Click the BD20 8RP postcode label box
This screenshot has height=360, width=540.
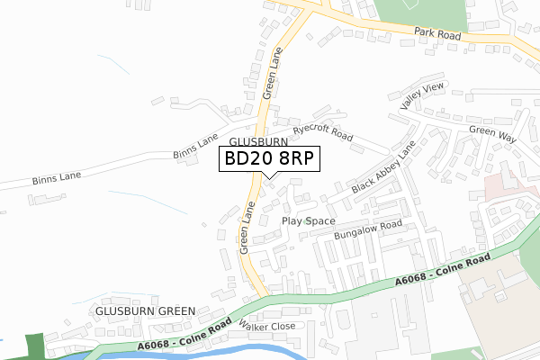pos(268,159)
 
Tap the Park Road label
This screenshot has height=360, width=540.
pos(437,34)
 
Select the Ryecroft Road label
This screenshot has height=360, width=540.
pos(316,132)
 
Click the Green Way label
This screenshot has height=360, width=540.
pos(492,135)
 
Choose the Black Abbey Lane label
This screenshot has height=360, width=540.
pos(384,168)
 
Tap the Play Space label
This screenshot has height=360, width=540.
pos(308,220)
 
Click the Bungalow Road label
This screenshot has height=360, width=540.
pos(367,231)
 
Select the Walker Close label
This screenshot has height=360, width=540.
pos(266,327)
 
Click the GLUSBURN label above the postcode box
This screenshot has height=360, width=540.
pos(258,142)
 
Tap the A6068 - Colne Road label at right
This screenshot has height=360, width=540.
pos(443,272)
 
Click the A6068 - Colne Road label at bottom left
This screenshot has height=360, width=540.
pos(180,337)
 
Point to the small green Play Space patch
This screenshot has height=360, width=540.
pos(309,220)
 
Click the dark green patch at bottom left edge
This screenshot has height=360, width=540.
pos(34,346)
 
